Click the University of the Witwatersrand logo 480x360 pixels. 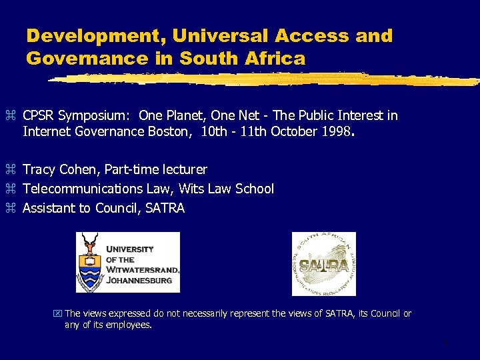(128, 262)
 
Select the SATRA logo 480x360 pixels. (324, 264)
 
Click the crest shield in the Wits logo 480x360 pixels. (90, 273)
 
